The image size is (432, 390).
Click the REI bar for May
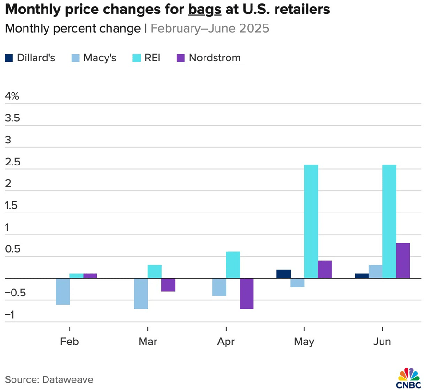(x=311, y=221)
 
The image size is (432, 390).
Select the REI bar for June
(x=389, y=221)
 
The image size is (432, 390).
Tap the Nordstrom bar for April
(x=247, y=294)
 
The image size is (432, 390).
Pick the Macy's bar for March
(x=141, y=294)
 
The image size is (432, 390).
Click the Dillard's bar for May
(x=284, y=274)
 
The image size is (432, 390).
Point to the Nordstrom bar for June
(x=403, y=260)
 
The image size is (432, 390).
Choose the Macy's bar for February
(x=63, y=291)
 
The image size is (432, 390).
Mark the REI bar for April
(x=233, y=265)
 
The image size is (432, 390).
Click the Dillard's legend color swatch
(x=9, y=58)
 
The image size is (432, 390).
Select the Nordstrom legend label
(x=215, y=58)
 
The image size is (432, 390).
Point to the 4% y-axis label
(x=12, y=96)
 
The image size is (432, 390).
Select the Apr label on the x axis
(x=226, y=342)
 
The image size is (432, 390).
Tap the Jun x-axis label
(x=382, y=342)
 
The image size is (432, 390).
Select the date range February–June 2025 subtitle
(x=210, y=28)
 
